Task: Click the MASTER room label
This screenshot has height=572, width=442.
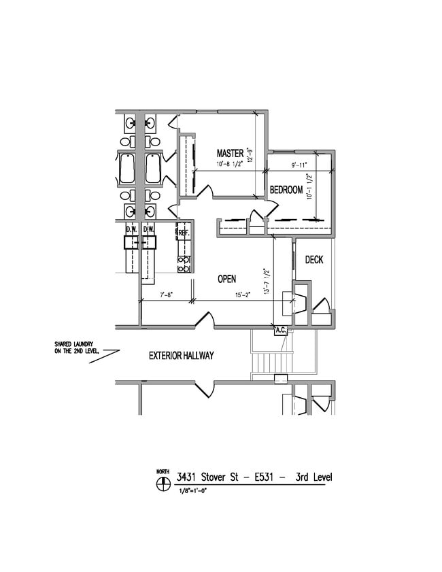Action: tap(230, 152)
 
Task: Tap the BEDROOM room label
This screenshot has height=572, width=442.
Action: tap(286, 190)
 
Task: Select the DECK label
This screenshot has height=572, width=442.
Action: tap(313, 260)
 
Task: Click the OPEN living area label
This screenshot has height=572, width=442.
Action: tap(226, 279)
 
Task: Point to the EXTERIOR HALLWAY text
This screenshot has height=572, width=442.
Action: tap(182, 356)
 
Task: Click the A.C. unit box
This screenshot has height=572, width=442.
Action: tap(280, 331)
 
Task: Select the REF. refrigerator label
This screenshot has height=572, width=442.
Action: tap(183, 233)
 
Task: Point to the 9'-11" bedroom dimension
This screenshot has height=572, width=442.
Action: tap(299, 165)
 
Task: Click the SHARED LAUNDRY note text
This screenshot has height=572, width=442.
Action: tap(77, 348)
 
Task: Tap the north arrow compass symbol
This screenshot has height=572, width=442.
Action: tap(163, 484)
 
